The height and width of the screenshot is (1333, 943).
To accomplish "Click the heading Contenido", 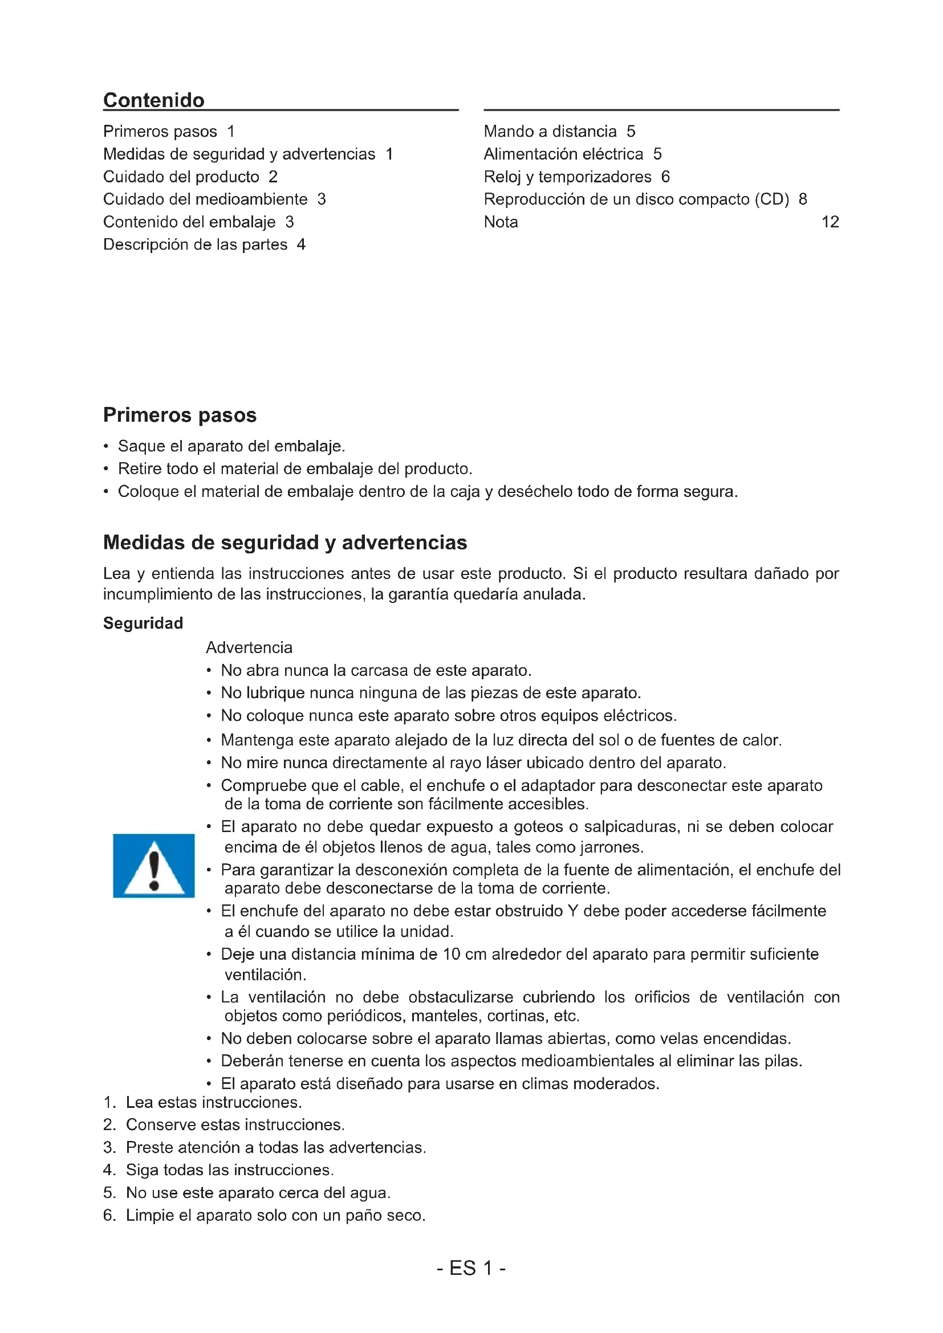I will point(154,100).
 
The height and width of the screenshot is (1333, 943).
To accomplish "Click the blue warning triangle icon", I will point(154,866).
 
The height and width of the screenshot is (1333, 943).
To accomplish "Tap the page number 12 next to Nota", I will point(830,222).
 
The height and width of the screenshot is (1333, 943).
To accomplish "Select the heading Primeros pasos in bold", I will point(180,415).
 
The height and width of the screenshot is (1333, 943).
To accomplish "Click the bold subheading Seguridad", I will point(143,623).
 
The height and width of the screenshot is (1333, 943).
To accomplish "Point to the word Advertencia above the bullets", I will point(249,647).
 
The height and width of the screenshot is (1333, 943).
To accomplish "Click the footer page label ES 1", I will point(471,1269).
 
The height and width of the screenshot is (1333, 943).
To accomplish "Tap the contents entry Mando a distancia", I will point(550,131).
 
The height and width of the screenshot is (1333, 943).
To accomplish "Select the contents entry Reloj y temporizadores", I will point(567,177).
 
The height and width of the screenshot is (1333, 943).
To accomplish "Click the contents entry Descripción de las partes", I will point(195,244).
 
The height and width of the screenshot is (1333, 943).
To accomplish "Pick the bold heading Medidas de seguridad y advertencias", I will point(284,542).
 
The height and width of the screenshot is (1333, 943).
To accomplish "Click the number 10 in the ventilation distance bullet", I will point(451,954).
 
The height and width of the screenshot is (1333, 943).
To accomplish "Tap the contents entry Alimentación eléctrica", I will point(563,154).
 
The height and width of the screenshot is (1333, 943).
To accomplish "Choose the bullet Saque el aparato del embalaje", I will point(231,446).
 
